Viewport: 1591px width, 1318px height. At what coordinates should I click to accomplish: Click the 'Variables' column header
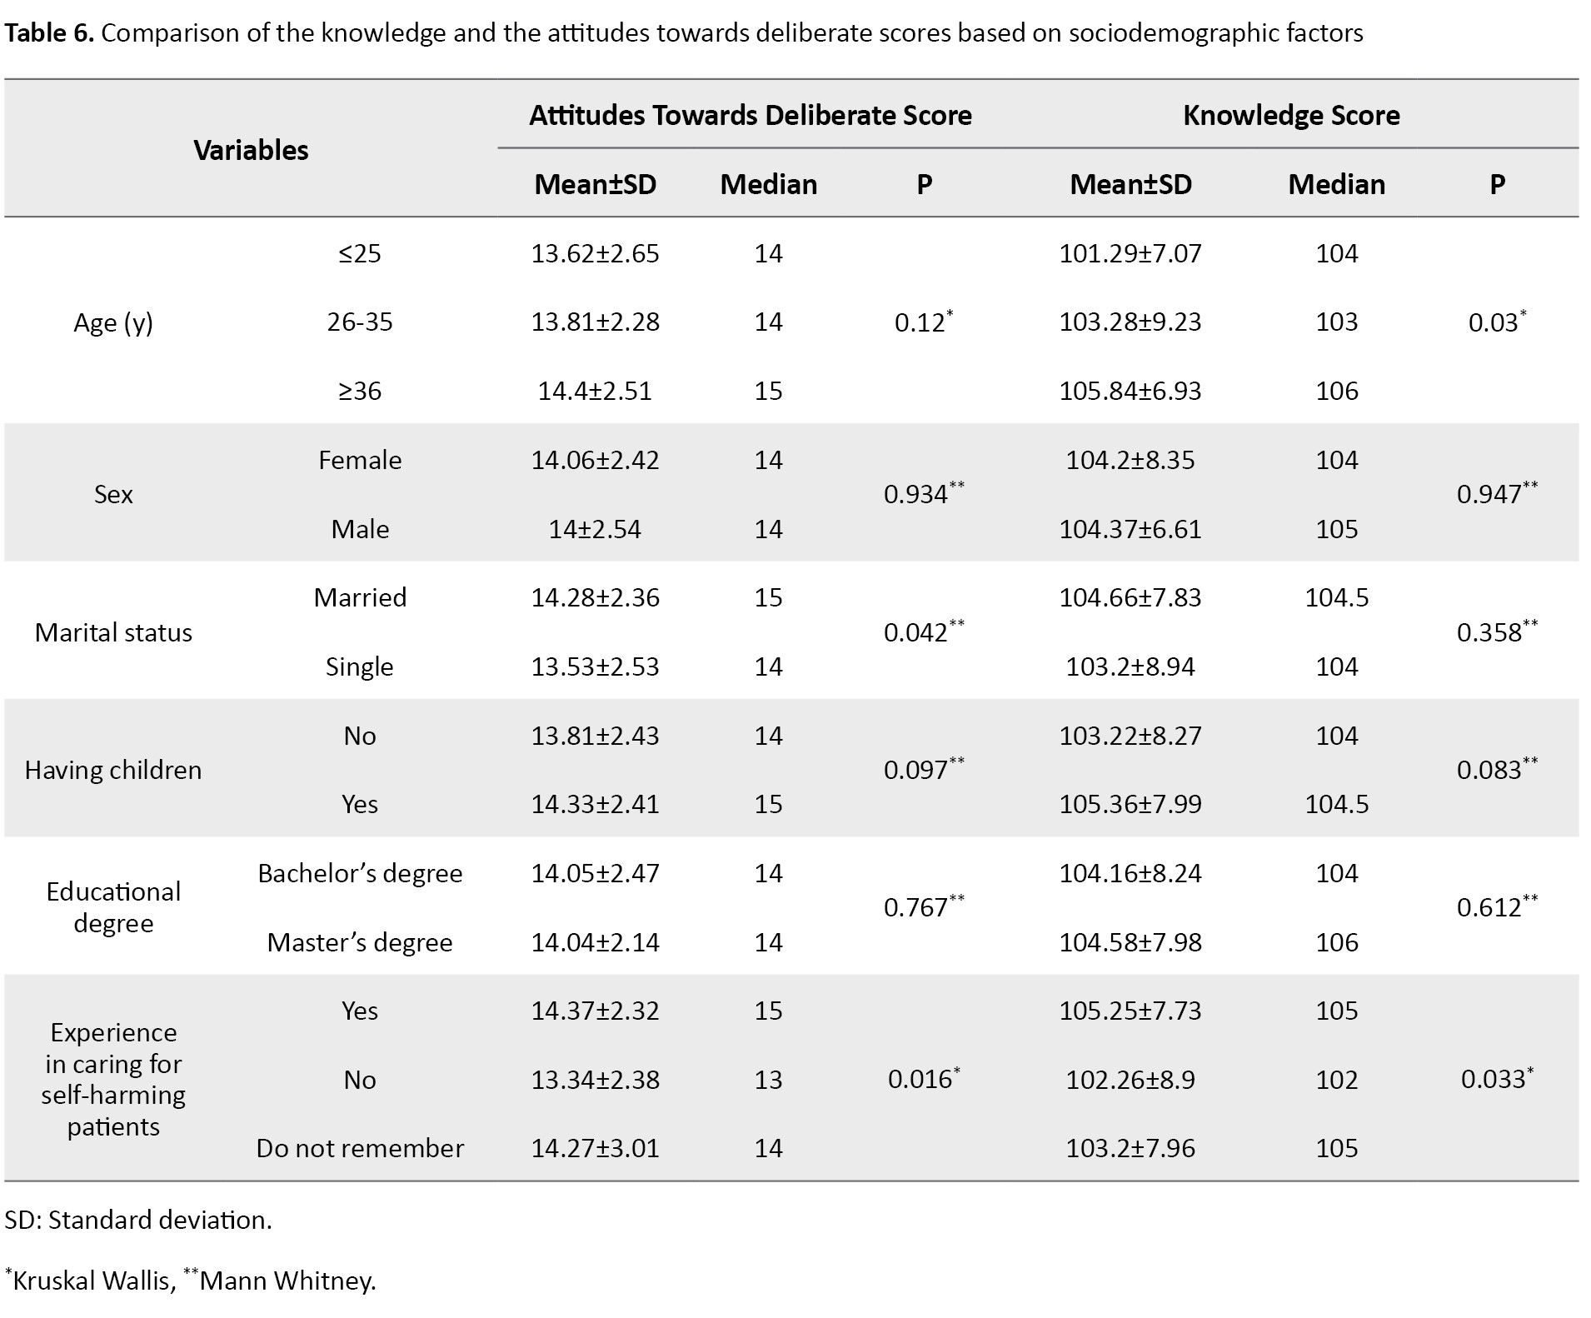coord(251,150)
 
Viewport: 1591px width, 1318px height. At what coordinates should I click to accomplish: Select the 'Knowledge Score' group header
coord(1290,115)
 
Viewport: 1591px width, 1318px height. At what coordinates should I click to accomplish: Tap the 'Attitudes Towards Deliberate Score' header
coord(750,115)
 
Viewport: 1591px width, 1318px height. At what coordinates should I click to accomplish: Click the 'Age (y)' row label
coord(113,322)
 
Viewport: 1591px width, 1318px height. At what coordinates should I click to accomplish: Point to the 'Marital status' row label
coord(113,632)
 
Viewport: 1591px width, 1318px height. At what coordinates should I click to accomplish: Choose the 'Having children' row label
coord(113,770)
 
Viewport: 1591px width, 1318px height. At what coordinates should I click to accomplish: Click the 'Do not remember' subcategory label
coord(360,1148)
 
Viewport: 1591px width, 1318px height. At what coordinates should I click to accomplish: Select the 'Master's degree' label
coord(360,942)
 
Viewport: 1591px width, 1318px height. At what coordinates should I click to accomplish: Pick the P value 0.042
coord(916,632)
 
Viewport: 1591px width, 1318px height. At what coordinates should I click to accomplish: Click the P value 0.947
coord(1489,494)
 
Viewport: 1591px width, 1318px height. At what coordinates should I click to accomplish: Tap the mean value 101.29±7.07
coord(1130,253)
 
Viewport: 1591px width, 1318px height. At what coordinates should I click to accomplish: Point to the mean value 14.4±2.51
coord(595,391)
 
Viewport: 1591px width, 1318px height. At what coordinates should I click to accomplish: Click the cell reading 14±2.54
coord(595,529)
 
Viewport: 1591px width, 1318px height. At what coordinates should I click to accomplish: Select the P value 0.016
coord(919,1079)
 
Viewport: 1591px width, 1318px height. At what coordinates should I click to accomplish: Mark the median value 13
coord(768,1080)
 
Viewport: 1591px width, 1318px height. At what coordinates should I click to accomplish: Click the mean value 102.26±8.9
coord(1130,1080)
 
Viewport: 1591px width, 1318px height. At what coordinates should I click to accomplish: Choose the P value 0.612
coord(1489,907)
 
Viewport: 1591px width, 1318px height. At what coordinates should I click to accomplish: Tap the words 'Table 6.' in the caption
coord(49,33)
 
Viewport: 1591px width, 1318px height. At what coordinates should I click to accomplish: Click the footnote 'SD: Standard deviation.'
coord(138,1220)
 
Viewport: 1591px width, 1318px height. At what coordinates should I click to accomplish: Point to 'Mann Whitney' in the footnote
coord(287,1280)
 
